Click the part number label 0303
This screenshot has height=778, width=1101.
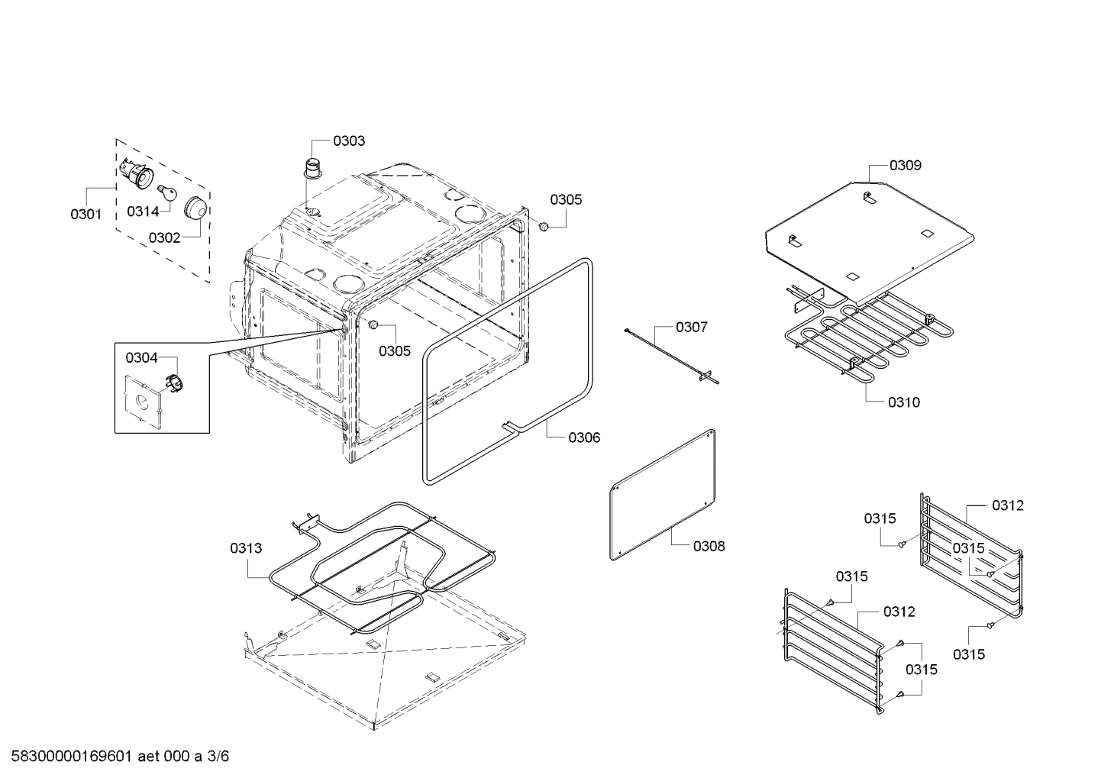coord(348,140)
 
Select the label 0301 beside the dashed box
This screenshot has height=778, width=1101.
coord(86,215)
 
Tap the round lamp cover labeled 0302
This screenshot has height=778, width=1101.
coord(196,206)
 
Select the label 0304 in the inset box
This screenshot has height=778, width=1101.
coord(141,357)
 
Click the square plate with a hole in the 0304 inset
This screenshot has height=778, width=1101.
coord(143,400)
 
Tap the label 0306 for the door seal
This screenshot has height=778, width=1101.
coord(584,437)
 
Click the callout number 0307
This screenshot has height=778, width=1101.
coord(691,327)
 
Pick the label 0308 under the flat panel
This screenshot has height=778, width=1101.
coord(709,546)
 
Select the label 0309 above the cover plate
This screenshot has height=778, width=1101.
coord(905,165)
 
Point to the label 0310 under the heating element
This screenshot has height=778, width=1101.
coord(904,402)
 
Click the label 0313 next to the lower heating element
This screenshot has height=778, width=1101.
coord(246,547)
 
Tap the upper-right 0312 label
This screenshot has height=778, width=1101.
coord(1008,505)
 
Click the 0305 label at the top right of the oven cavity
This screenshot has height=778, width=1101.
coord(566,199)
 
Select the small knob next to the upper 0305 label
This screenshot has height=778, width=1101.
coord(544,226)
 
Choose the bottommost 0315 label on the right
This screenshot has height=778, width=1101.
coord(969,654)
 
